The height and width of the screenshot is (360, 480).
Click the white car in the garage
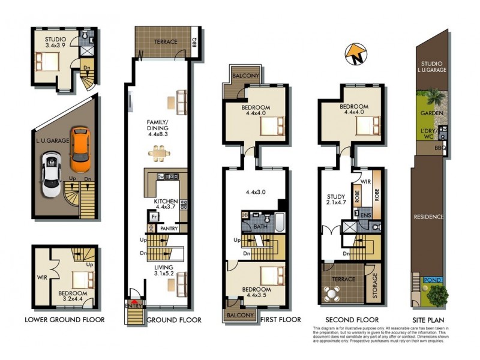(52, 174)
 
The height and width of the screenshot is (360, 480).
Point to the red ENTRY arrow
(135, 302)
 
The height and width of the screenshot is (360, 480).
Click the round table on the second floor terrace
(332, 293)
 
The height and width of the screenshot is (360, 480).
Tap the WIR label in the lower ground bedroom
(42, 278)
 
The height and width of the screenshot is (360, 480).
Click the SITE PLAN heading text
(429, 320)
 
